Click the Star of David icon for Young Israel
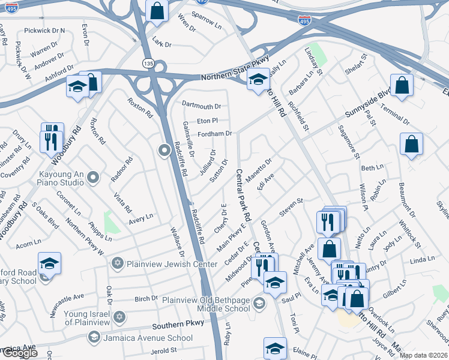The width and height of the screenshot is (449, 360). coord(119,316)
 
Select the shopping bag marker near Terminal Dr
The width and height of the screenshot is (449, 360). coord(402,85)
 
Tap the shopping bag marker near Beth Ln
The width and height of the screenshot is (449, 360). coord(411,144)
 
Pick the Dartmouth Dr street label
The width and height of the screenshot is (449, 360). coord(201,106)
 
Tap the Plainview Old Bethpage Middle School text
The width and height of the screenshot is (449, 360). coord(206,304)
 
